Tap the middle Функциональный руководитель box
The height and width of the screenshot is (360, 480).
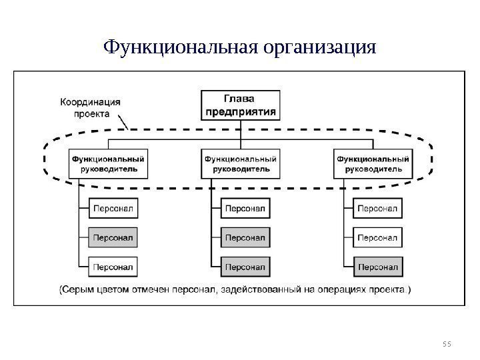241,164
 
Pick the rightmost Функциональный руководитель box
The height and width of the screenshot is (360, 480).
373,164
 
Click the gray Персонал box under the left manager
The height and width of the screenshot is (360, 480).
113,237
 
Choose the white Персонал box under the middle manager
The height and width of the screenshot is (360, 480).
245,209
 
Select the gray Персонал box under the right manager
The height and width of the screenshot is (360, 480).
378,267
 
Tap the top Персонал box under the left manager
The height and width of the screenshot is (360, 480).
113,209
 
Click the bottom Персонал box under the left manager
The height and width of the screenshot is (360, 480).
113,267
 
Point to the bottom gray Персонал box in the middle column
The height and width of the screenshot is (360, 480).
245,267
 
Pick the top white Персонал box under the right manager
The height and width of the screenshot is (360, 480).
378,209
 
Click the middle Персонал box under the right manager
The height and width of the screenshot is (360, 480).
378,237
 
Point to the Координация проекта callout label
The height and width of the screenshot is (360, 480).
91,108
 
